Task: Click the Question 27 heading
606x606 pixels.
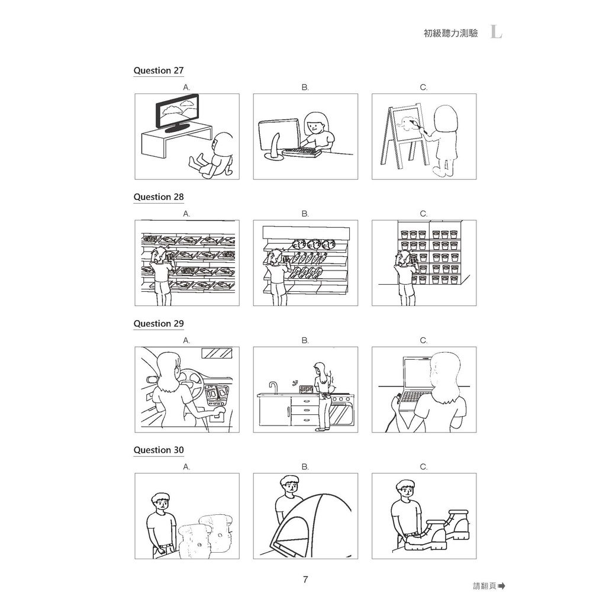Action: [159, 70]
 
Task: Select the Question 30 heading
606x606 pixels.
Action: [159, 450]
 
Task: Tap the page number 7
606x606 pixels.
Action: [305, 579]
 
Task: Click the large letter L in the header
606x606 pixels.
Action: [497, 32]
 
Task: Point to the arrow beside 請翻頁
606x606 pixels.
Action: [502, 586]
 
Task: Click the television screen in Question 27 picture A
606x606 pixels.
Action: [178, 111]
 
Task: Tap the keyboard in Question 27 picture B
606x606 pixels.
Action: [302, 153]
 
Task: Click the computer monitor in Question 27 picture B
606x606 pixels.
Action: [279, 136]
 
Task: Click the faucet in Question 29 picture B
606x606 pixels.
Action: [273, 388]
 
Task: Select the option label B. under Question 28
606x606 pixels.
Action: [305, 214]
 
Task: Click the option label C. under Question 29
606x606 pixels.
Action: [424, 340]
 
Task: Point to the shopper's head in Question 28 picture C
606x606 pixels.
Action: [402, 258]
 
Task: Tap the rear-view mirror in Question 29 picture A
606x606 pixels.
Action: [217, 353]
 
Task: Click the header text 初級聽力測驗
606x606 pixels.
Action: [450, 33]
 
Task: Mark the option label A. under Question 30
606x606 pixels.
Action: [186, 467]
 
